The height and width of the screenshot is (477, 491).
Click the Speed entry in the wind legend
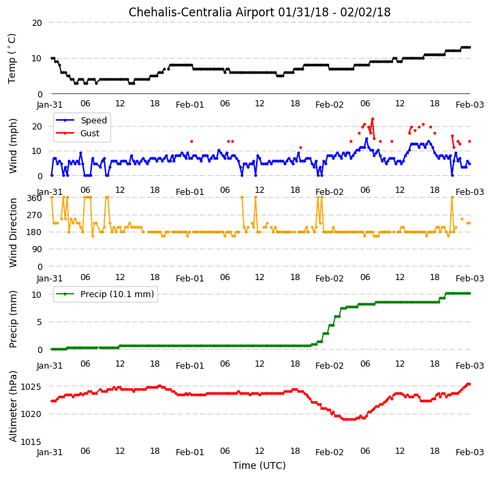[93, 121]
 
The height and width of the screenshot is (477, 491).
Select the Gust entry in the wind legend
[90, 134]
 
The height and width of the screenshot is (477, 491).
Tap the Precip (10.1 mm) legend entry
[117, 294]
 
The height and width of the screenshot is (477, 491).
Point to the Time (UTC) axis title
[259, 465]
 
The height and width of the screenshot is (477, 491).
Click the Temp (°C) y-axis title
[12, 59]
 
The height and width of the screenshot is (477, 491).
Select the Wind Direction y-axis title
[13, 232]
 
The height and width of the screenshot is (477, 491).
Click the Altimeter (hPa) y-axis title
[13, 407]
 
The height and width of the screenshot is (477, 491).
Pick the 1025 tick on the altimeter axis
[31, 387]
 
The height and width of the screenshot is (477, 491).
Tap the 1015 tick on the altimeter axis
[31, 442]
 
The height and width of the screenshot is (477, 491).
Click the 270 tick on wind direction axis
[35, 215]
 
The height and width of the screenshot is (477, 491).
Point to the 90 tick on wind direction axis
[37, 250]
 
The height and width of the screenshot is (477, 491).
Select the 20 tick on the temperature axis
[37, 23]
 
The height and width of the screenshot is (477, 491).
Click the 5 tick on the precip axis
[39, 322]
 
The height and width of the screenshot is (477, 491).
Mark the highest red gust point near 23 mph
[373, 119]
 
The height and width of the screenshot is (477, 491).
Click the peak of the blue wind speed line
[366, 138]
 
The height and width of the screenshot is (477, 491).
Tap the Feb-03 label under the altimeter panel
[470, 452]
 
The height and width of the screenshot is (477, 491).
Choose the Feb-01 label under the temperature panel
[190, 105]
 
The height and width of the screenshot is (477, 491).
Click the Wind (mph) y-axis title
[13, 146]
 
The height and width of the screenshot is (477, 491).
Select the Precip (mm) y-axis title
[13, 320]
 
